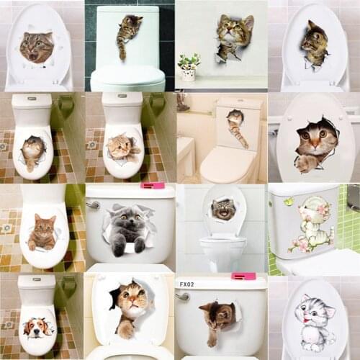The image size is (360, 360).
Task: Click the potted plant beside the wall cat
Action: click(189, 66)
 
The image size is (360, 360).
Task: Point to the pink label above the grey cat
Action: click(153, 186)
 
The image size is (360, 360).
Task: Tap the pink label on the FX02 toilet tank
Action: click(243, 276)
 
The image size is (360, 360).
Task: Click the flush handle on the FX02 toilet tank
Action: click(184, 295)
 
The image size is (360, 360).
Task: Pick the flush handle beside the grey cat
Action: click(92, 204)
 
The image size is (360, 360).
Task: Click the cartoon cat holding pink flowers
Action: click(309, 224)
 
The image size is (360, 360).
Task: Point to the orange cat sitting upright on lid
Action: click(42, 231)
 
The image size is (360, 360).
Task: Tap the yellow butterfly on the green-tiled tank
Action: click(288, 202)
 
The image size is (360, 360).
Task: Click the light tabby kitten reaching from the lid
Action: click(122, 147)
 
